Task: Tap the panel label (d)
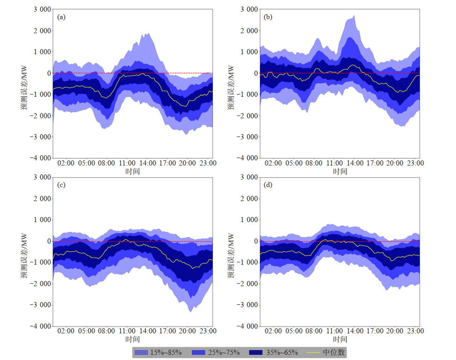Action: coord(268,185)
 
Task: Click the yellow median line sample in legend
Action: coord(313,352)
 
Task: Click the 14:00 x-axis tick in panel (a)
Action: coord(147,163)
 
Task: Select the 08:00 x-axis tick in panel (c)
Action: coord(107,331)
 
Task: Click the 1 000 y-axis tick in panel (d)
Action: coord(247,220)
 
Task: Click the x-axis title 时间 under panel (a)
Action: coord(132,171)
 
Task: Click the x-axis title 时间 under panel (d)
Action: coord(340,339)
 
